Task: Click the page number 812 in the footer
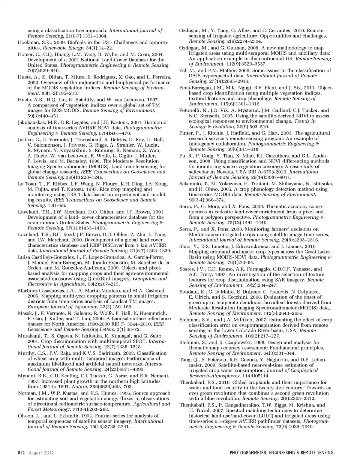coord(21,453)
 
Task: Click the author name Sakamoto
coord(192,184)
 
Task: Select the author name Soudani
coord(191,291)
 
